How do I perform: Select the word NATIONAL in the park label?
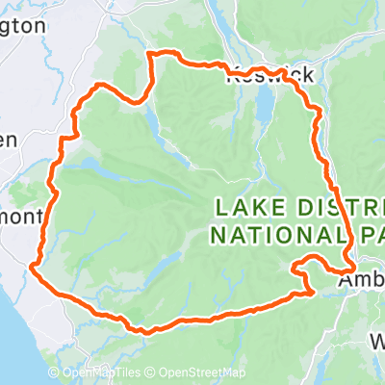[271, 233]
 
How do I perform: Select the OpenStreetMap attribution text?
[202, 373]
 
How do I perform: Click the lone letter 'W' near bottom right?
[376, 342]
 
